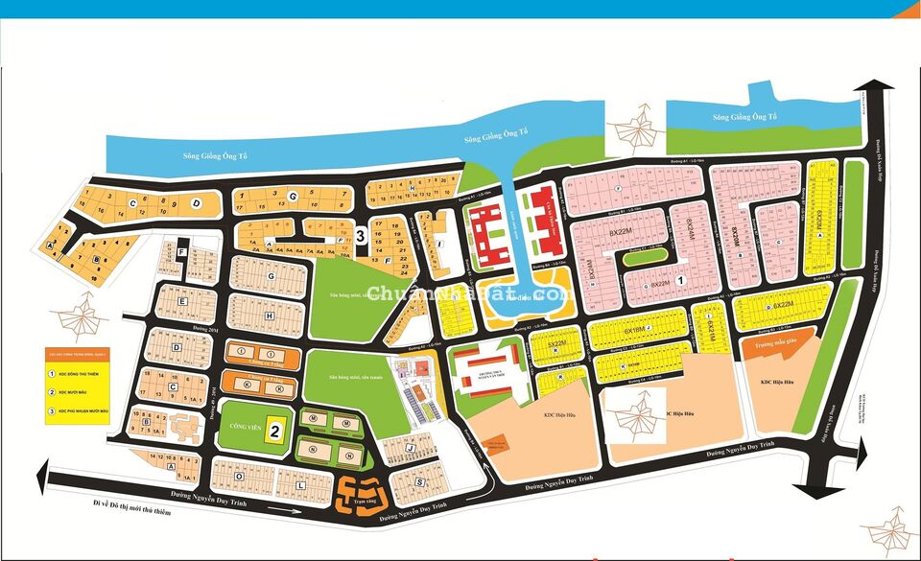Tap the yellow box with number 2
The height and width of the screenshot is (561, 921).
274,430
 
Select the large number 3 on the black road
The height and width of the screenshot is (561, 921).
360,233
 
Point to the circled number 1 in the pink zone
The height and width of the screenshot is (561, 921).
679,281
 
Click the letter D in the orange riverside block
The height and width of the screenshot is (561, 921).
196,203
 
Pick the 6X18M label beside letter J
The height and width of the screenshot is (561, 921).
636,329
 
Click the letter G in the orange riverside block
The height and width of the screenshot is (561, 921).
294,195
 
